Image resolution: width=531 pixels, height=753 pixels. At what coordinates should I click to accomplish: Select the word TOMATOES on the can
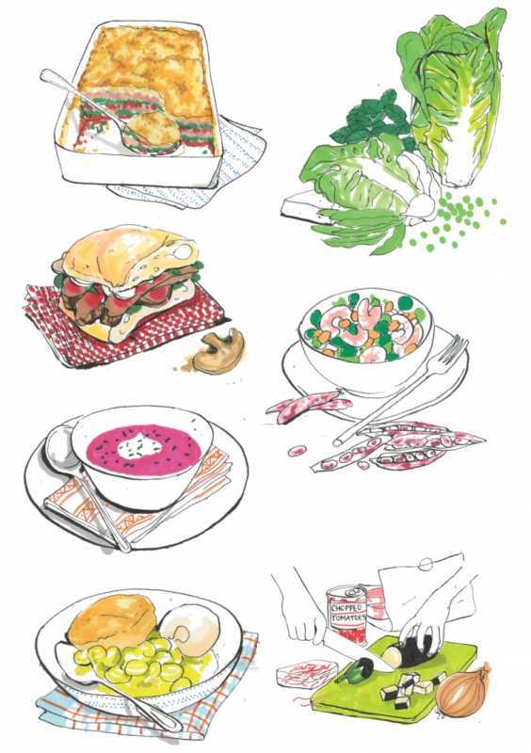click(x=348, y=617)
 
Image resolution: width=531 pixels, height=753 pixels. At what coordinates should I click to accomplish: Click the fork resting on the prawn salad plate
click(x=400, y=390)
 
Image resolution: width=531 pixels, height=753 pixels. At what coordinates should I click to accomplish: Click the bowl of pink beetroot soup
click(x=143, y=457)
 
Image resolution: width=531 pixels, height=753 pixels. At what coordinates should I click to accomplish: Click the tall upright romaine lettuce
click(x=457, y=96)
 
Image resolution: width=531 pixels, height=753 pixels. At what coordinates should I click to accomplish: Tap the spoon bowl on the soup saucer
click(x=60, y=445)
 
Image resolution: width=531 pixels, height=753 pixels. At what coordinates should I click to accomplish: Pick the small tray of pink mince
click(x=307, y=673)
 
